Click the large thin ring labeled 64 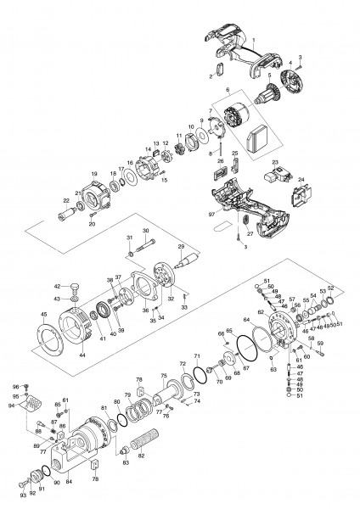click(247, 346)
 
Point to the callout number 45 click(44, 315)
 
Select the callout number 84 click(70, 483)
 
